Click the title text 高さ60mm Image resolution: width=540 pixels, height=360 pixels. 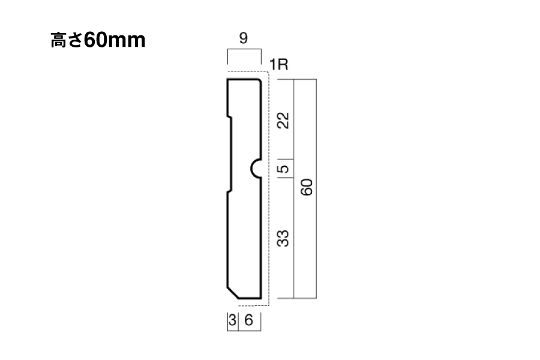coord(98,40)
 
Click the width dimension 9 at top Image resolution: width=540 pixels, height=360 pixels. coord(244,38)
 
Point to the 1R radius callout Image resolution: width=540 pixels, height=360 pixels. coord(278,64)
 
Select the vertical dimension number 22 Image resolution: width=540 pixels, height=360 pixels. coord(283,120)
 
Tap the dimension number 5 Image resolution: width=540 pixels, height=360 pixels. coord(283,169)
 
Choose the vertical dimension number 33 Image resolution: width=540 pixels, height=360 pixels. coord(283,238)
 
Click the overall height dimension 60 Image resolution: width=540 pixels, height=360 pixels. coord(307,187)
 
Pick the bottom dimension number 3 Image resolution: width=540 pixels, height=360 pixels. coord(232,320)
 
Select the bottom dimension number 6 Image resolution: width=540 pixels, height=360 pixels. coord(248,320)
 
